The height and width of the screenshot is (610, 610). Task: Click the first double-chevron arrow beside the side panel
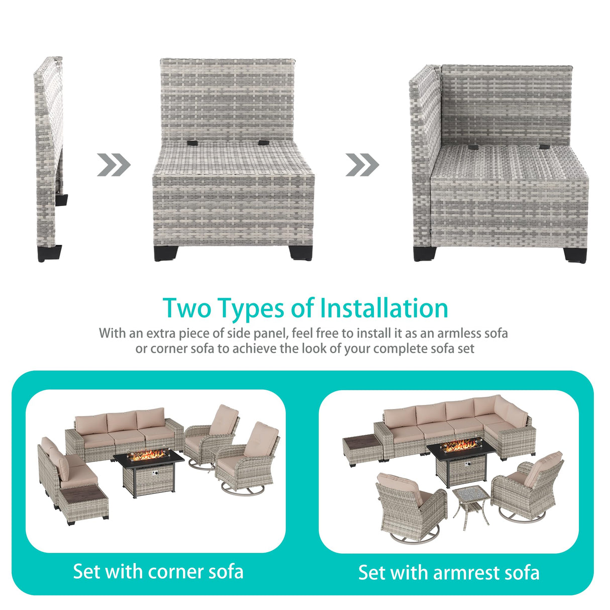[114, 165]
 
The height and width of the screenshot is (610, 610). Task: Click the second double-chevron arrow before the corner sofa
[362, 165]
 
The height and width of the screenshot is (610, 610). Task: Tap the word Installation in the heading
[384, 308]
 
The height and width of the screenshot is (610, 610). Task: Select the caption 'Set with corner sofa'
[158, 572]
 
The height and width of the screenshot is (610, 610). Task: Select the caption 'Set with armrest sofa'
[449, 573]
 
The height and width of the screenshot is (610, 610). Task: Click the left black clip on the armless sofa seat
[192, 143]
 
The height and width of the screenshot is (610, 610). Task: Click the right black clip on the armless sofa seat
[263, 143]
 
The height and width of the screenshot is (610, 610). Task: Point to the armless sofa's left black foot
[165, 253]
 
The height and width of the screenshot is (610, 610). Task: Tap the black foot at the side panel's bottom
[49, 254]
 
